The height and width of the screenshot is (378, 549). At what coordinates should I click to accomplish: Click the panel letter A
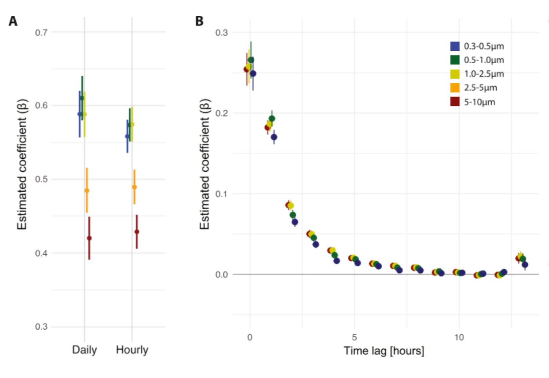point(13,21)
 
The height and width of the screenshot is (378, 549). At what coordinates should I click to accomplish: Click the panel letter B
point(199,21)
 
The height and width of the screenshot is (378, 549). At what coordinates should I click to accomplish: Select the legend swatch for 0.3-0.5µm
point(455,46)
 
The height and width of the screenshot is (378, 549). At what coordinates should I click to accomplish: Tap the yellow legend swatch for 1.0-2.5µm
point(455,74)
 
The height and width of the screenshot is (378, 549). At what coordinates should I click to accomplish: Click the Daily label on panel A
point(84,350)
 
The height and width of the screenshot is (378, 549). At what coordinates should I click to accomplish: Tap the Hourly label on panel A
point(132,350)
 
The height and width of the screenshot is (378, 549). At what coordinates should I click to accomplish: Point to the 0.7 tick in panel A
point(41,33)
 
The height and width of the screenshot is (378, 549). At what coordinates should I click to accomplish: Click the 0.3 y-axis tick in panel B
point(221,33)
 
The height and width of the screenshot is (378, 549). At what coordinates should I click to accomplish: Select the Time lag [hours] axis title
point(384,350)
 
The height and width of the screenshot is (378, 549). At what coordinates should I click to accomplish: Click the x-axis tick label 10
point(459,337)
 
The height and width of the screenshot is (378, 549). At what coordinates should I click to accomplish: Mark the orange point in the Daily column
point(87,191)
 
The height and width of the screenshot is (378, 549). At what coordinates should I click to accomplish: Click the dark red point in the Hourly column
point(137,232)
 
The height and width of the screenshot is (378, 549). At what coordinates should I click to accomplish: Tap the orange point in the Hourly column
point(134,187)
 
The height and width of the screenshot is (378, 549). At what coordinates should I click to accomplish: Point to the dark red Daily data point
point(89,238)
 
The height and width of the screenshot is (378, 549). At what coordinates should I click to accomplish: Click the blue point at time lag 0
point(253,73)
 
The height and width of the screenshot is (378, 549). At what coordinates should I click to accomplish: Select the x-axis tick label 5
point(354,337)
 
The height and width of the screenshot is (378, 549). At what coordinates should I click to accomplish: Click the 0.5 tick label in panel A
point(41,179)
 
